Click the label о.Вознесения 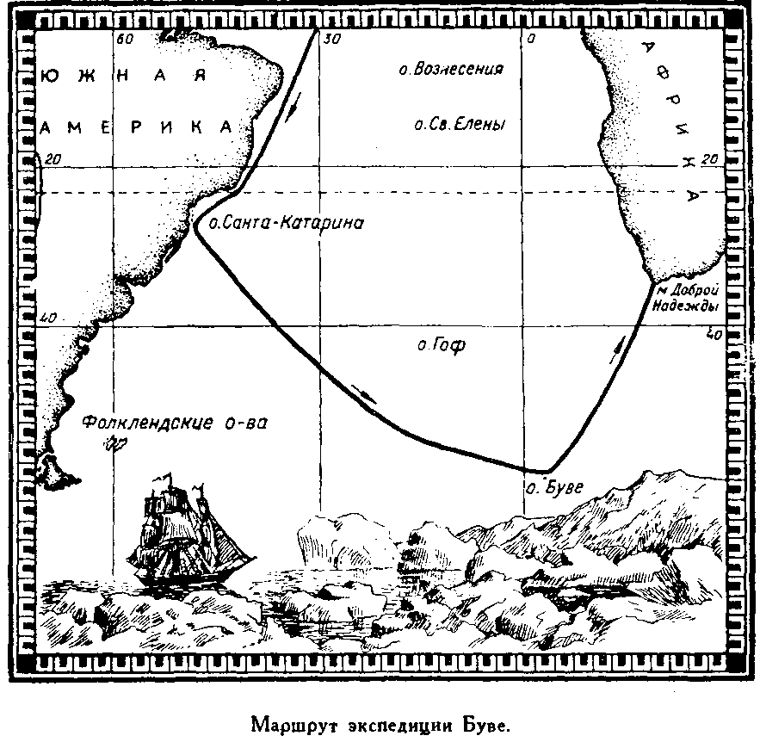tap(451, 70)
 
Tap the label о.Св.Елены tap(458, 125)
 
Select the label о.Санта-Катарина tap(287, 224)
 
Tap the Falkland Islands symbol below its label tap(113, 444)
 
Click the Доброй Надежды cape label tap(688, 298)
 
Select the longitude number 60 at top tap(125, 39)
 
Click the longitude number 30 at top tap(330, 39)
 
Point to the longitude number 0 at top tap(530, 39)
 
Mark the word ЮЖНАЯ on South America tap(125, 76)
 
